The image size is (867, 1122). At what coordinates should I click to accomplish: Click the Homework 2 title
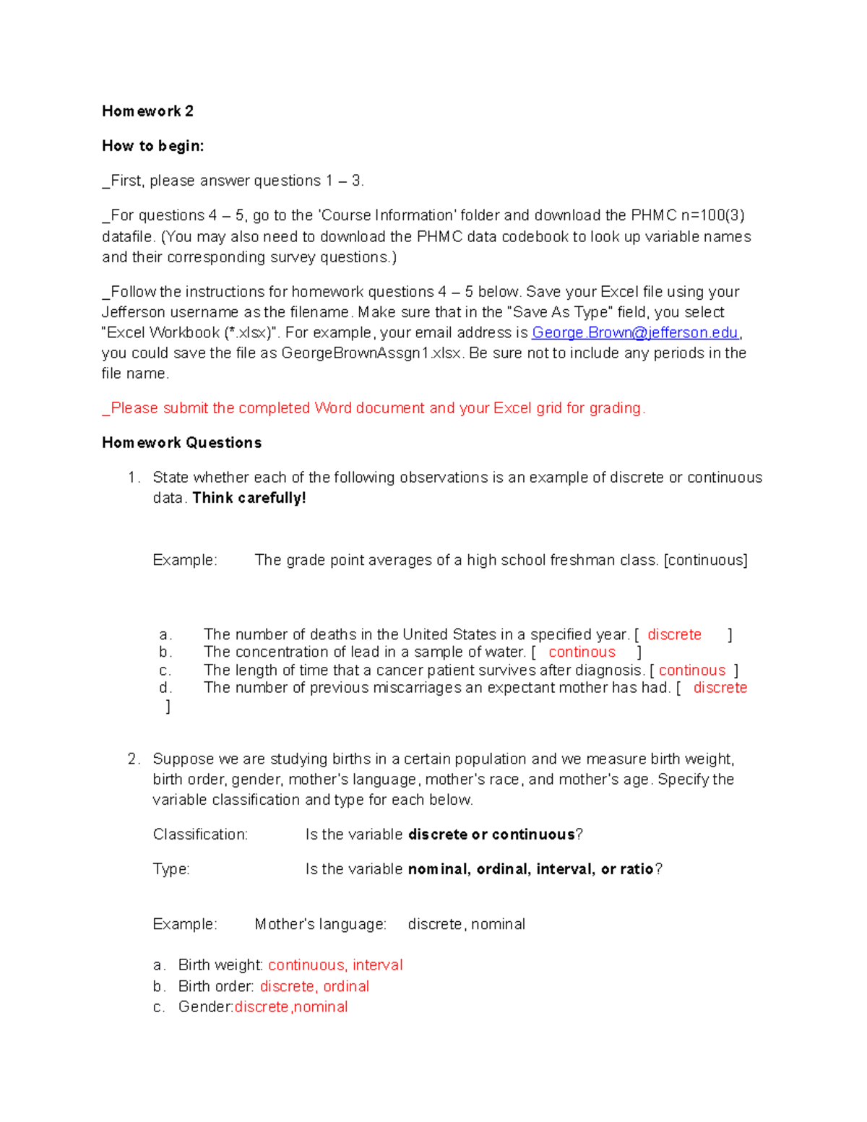click(x=147, y=111)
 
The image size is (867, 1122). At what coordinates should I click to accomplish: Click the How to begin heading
click(x=152, y=146)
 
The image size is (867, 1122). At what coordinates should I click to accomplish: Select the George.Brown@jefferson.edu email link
click(x=635, y=332)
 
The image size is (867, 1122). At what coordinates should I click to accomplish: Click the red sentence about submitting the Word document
click(x=374, y=408)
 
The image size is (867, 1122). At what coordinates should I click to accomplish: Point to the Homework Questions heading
click(x=181, y=443)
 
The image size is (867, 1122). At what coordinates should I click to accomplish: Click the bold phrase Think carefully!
click(x=249, y=498)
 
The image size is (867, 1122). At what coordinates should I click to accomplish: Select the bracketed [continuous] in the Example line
click(x=705, y=560)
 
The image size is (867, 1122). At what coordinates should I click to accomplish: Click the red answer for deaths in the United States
click(x=674, y=634)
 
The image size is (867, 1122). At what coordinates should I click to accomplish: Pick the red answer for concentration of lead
click(x=582, y=652)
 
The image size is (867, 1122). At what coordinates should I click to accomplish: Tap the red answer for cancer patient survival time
click(x=691, y=670)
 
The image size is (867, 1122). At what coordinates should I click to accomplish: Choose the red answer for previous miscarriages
click(x=720, y=688)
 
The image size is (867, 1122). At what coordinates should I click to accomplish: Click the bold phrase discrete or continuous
click(x=491, y=834)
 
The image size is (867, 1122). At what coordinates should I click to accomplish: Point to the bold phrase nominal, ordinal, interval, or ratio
click(x=530, y=869)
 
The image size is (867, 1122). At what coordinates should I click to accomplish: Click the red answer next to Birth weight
click(x=335, y=965)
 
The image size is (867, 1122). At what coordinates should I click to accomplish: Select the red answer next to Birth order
click(x=314, y=986)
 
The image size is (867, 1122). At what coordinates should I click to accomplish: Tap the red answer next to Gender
click(x=291, y=1007)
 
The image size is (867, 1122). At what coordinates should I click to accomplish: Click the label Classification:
click(x=200, y=834)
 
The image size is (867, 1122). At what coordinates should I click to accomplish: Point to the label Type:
click(x=171, y=869)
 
